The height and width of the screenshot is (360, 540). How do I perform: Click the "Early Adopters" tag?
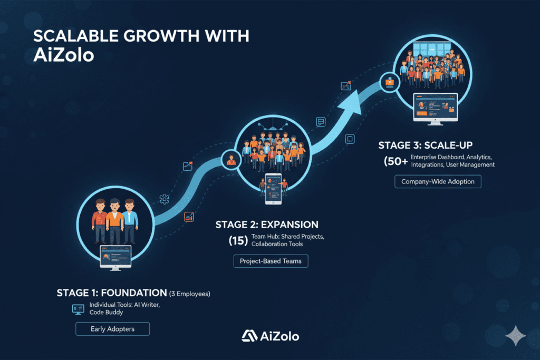click(112, 329)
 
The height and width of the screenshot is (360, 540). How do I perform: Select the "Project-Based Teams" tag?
click(271, 261)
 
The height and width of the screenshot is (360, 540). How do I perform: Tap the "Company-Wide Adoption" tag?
click(438, 181)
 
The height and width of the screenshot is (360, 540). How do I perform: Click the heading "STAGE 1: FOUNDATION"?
click(111, 293)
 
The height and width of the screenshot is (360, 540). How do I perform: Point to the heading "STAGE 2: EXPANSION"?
click(267, 225)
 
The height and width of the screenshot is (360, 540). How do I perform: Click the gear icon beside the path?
click(164, 199)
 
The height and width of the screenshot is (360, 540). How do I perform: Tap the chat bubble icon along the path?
click(321, 122)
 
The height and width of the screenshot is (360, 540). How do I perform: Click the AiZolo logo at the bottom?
click(270, 336)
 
